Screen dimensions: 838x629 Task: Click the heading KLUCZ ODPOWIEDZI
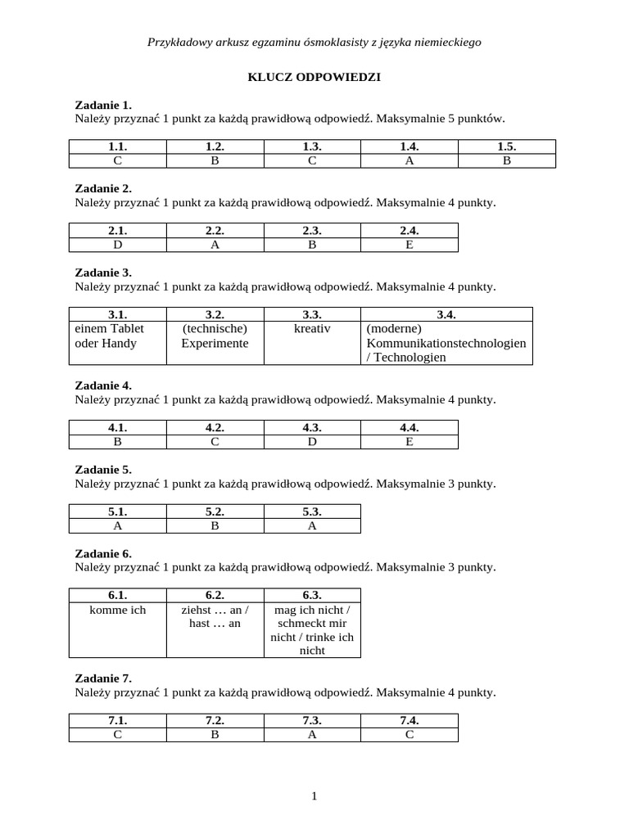[x=314, y=77]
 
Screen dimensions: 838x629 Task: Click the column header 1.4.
[x=410, y=146]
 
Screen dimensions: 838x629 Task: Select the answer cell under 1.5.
[x=506, y=160]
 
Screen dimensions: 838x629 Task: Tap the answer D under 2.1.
[x=118, y=244]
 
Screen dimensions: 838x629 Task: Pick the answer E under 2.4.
[x=410, y=244]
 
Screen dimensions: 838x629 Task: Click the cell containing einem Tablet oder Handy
[x=118, y=336]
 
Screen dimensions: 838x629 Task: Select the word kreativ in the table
[x=312, y=328]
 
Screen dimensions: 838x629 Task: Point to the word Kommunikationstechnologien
[x=446, y=343]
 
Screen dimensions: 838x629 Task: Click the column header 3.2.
[x=215, y=314]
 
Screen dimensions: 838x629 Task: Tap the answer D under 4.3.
[x=312, y=441]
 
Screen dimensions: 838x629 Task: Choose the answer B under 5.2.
[x=215, y=525]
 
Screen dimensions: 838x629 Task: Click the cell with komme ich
[x=118, y=610]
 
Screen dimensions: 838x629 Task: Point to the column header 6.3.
[x=312, y=595]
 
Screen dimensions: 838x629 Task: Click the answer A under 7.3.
[x=312, y=734]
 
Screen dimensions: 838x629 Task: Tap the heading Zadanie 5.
[x=103, y=470]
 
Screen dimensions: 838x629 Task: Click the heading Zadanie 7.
[x=103, y=678]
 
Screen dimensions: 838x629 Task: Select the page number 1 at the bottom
[x=314, y=795]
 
